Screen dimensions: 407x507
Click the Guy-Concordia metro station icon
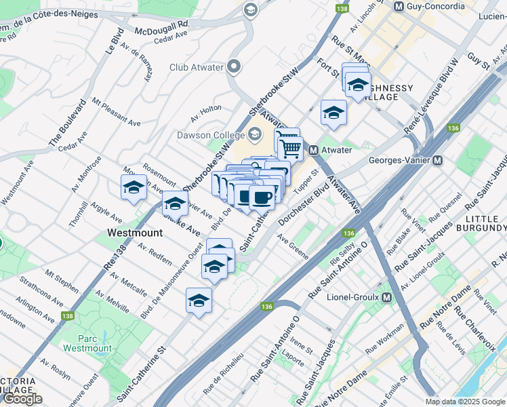pyautogui.click(x=399, y=6)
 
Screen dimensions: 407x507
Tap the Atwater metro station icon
pyautogui.click(x=314, y=150)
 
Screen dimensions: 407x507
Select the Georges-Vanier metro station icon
pyautogui.click(x=437, y=161)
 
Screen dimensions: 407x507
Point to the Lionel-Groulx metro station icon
pyautogui.click(x=386, y=298)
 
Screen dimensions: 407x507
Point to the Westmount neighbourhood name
pyautogui.click(x=135, y=233)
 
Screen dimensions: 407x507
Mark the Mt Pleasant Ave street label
pyautogui.click(x=116, y=113)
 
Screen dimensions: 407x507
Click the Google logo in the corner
pyautogui.click(x=22, y=399)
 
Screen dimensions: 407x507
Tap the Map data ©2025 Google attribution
pyautogui.click(x=464, y=402)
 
